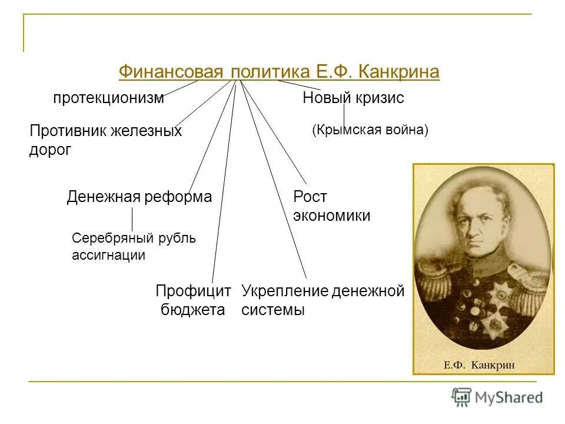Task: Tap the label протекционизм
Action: pos(108,98)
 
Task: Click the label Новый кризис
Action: pos(353,98)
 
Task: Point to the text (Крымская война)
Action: pos(370,130)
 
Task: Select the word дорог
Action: pos(50,150)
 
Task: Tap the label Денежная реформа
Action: pos(139,197)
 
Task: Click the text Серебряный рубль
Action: pos(134,238)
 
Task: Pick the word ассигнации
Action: pos(108,256)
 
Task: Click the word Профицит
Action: pos(193,291)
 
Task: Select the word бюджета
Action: pos(193,310)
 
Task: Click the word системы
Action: pos(273,310)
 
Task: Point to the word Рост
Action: pos(310,197)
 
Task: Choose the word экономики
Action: pos(331,216)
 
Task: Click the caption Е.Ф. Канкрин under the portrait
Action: pos(484,365)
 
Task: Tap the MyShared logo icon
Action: pos(461,397)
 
